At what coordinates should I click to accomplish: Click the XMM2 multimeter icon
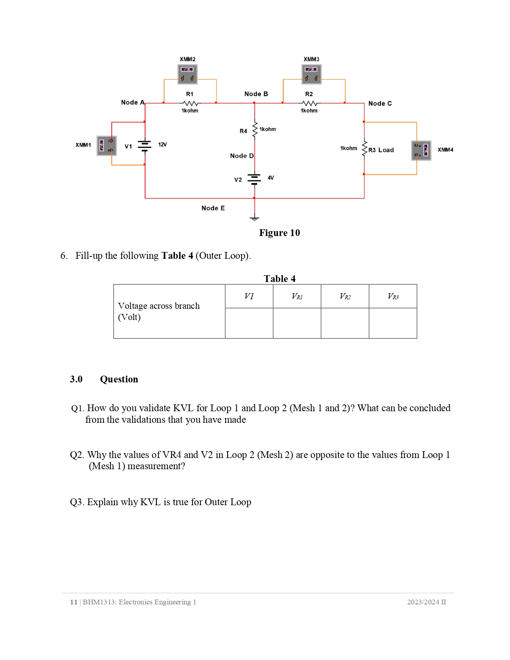[188, 74]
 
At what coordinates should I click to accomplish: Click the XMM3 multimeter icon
[311, 74]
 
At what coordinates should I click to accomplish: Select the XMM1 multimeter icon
[106, 146]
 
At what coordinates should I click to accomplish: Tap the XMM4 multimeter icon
[421, 150]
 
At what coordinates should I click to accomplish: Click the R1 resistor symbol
[190, 103]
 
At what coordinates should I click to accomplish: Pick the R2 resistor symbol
[309, 103]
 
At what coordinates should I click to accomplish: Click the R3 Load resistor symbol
[364, 149]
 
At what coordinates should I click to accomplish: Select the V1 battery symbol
[144, 146]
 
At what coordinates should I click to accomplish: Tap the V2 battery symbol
[254, 178]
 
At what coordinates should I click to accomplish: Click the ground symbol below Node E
[254, 218]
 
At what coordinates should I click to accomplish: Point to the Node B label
[256, 94]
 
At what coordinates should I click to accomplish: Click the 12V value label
[162, 144]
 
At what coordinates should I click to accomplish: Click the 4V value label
[271, 178]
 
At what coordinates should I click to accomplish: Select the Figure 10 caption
[279, 233]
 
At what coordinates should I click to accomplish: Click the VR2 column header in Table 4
[345, 296]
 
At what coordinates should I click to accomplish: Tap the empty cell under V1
[249, 323]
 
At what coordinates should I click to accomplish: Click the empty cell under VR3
[393, 323]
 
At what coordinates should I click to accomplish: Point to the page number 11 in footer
[74, 602]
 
